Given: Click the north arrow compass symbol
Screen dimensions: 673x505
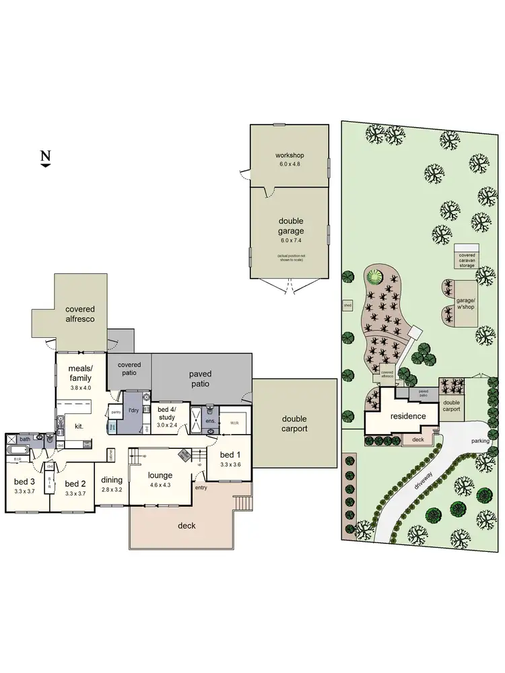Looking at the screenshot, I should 45,158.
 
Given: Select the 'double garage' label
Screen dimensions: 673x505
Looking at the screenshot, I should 291,226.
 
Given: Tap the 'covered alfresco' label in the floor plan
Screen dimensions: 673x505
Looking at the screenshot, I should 80,314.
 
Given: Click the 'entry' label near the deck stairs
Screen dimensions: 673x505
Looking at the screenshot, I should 201,487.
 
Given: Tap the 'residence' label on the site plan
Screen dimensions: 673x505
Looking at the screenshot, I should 409,416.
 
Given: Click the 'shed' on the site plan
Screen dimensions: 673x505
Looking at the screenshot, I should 347,305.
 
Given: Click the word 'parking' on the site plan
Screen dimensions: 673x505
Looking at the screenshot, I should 480,441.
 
